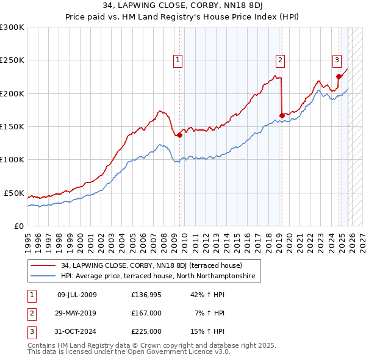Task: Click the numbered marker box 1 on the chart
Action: [178, 60]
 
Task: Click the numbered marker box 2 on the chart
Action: [279, 60]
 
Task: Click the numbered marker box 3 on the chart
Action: [336, 60]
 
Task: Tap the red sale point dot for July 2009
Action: [179, 135]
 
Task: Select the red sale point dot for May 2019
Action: [282, 115]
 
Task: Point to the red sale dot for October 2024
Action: [339, 77]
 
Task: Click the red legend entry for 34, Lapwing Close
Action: [151, 265]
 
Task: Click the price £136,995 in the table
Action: [146, 295]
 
